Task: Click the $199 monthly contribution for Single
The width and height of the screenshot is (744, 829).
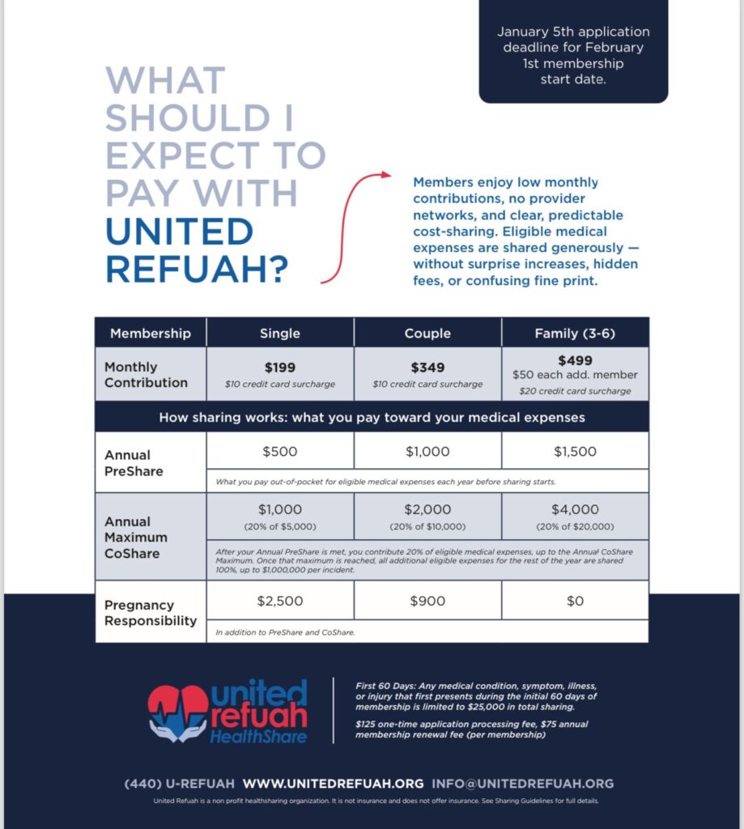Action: (x=280, y=368)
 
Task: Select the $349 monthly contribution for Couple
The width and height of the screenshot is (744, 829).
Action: (x=427, y=368)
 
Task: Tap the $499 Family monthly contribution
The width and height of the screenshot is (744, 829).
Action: (x=575, y=360)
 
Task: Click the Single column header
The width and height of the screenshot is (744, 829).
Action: (x=280, y=333)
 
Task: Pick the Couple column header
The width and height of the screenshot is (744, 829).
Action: (x=427, y=333)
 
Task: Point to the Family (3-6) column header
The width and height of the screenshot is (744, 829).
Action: (x=575, y=333)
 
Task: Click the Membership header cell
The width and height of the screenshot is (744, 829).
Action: (x=151, y=333)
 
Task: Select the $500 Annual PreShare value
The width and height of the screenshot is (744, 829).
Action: (x=280, y=451)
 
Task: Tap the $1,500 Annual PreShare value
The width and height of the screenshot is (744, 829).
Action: (x=575, y=451)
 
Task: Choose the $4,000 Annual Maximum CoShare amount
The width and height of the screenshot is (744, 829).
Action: (x=575, y=510)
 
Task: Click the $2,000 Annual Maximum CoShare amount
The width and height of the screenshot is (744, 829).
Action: (x=427, y=510)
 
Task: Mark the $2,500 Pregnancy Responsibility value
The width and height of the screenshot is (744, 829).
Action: (x=280, y=601)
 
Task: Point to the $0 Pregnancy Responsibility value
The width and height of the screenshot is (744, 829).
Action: (x=575, y=601)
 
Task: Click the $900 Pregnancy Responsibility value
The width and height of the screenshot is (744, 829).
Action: (x=427, y=601)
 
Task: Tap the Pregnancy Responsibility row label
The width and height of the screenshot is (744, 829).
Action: (x=151, y=613)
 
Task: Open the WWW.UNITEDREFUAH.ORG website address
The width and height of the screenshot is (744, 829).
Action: (x=333, y=784)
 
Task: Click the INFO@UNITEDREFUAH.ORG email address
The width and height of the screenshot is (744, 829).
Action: (x=523, y=784)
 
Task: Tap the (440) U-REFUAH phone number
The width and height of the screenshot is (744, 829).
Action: (x=180, y=784)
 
